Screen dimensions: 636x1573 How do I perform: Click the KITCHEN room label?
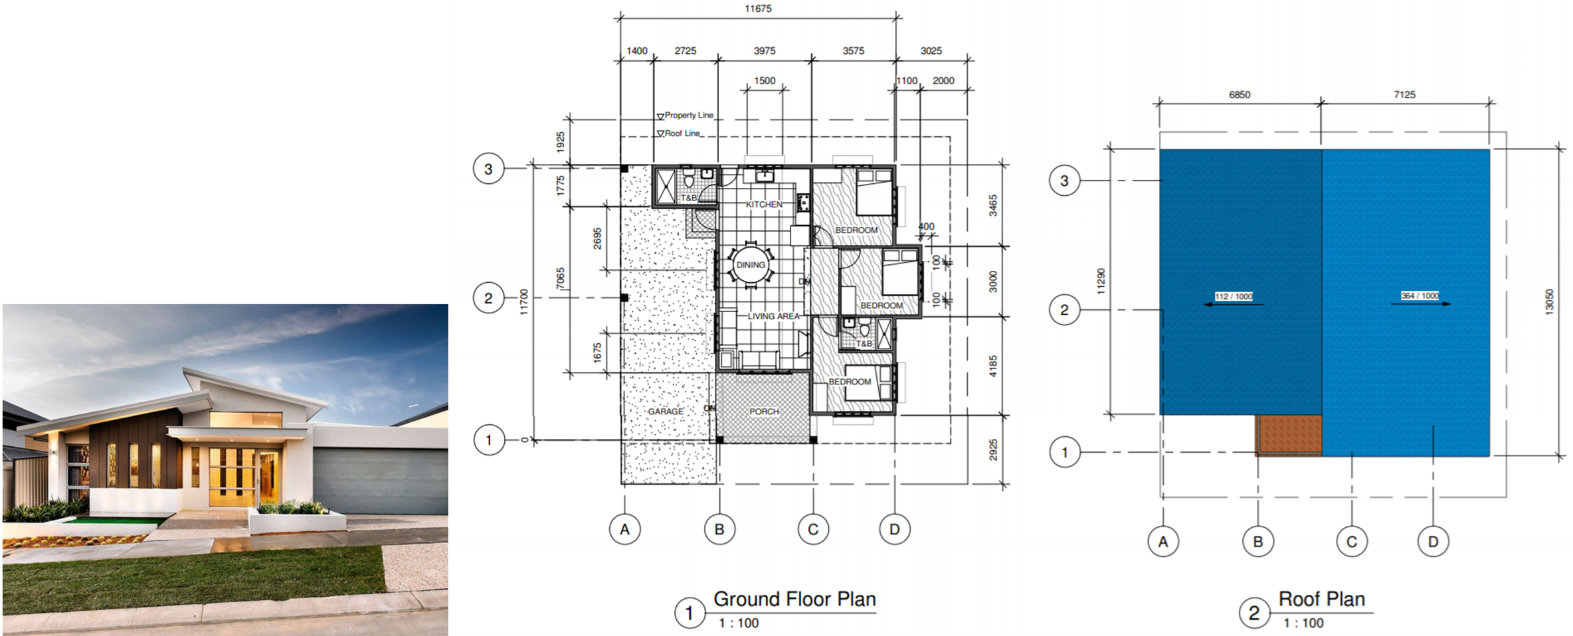(763, 204)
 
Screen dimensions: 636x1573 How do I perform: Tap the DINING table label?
(751, 265)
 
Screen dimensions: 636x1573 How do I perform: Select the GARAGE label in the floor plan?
(666, 412)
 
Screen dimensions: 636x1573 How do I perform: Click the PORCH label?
(764, 412)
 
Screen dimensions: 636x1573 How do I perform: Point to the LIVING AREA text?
(773, 316)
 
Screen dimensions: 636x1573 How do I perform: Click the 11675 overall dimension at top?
(758, 9)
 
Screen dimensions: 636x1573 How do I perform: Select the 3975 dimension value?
(765, 50)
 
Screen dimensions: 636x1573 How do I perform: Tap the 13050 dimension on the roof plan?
(1549, 302)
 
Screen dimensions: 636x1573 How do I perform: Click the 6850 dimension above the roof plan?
(1240, 95)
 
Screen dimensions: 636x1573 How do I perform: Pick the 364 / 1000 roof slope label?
(1420, 295)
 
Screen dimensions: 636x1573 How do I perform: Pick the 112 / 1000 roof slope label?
(1233, 296)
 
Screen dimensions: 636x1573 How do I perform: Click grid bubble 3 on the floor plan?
(488, 169)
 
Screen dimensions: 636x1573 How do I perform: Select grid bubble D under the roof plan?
(1433, 542)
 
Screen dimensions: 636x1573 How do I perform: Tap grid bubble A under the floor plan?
(624, 530)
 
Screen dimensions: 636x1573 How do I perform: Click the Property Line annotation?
(688, 115)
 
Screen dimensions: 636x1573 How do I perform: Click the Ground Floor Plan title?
(794, 599)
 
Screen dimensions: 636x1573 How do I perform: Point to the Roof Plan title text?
(1321, 599)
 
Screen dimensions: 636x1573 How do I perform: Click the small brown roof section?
(1288, 435)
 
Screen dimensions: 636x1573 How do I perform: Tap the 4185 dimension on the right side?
(993, 366)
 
